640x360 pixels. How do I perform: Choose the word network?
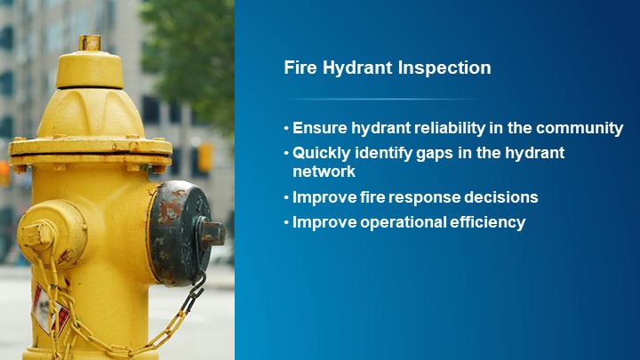coord(324,172)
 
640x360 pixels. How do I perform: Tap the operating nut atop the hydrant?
coord(89,42)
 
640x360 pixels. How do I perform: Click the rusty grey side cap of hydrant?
coord(178,233)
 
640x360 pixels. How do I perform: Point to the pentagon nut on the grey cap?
coord(212,233)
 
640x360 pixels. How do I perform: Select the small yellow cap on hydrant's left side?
coord(37,235)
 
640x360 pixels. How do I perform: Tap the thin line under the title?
coord(382,99)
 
